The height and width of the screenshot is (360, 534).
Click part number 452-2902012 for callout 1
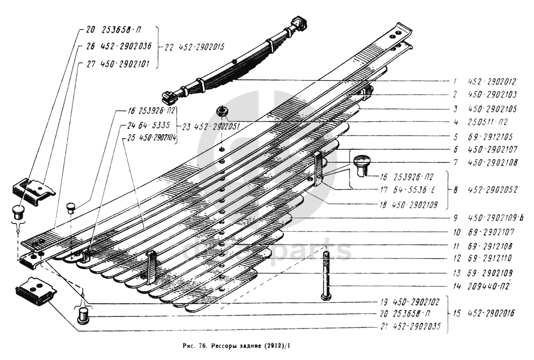[x=492, y=82]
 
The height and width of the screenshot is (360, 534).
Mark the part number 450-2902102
[x=418, y=303]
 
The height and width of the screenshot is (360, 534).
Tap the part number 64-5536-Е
[x=415, y=190]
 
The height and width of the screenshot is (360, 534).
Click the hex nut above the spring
[x=221, y=111]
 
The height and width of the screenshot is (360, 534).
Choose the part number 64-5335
[x=152, y=126]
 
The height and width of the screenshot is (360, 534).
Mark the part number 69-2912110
[x=491, y=259]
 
